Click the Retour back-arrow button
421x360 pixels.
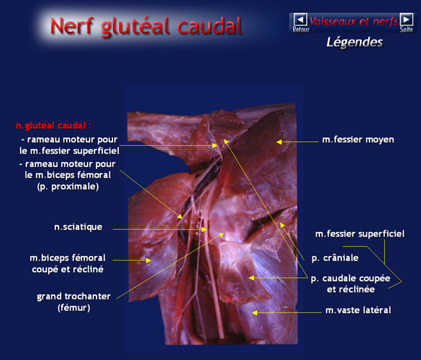[x=300, y=19]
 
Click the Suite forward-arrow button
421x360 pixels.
[x=406, y=19]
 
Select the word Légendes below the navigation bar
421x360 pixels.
[x=355, y=42]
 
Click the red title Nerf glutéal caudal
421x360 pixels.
[x=146, y=26]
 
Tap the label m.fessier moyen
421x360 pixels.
[x=358, y=139]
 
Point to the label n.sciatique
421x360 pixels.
[x=78, y=227]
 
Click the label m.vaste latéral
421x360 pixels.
[x=358, y=310]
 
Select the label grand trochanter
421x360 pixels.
[x=73, y=296]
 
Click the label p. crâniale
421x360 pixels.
[x=335, y=258]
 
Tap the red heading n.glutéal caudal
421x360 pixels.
[x=53, y=125]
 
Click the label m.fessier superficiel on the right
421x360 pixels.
[x=360, y=234]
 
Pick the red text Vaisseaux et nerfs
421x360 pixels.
[x=354, y=21]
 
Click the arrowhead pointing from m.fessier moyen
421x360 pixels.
[x=279, y=141]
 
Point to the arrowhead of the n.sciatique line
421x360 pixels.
[x=204, y=230]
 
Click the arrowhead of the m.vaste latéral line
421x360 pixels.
[x=255, y=312]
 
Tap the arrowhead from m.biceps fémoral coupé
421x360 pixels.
[x=148, y=260]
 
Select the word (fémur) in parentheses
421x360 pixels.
[x=74, y=308]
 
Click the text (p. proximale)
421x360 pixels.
[x=68, y=186]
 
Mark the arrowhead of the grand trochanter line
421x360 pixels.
[x=221, y=235]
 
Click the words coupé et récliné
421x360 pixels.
[x=67, y=269]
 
